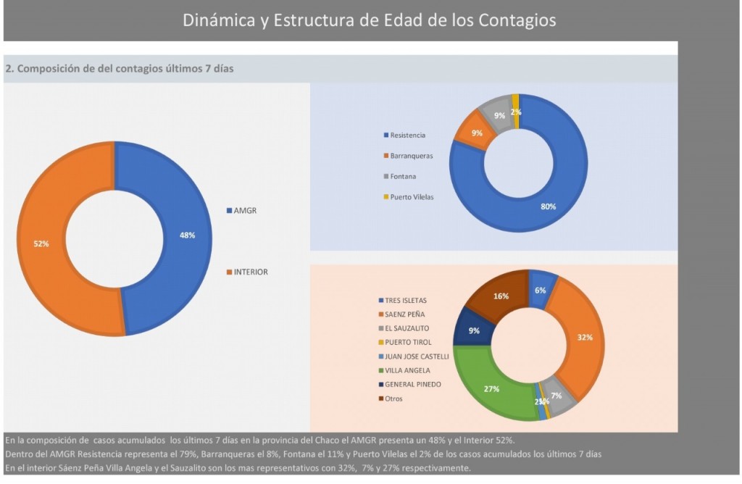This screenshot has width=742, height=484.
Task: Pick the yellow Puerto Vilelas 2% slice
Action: tap(515, 110)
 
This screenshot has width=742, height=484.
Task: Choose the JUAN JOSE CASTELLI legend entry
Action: tap(417, 356)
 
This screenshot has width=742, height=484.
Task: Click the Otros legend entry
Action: tap(393, 399)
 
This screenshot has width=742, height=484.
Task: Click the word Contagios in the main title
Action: tap(517, 20)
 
